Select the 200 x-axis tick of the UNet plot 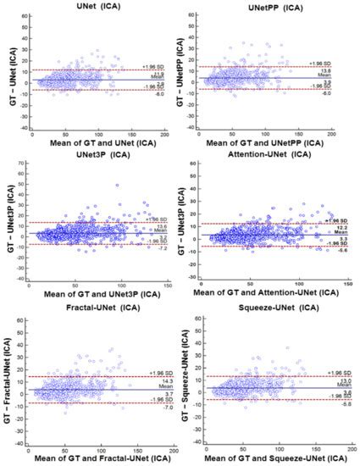163,134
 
